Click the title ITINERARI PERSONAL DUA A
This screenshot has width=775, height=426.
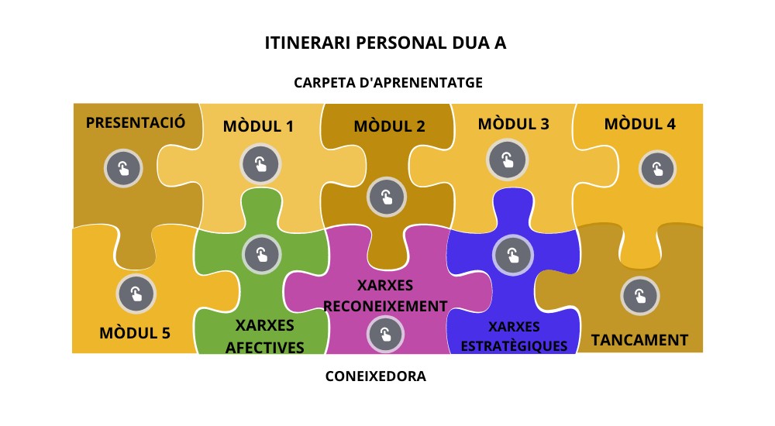coord(385,43)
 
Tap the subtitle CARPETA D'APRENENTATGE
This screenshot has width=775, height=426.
coord(388,82)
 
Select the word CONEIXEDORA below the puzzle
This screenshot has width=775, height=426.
coord(376,377)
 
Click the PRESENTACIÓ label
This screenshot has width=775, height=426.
coord(136,122)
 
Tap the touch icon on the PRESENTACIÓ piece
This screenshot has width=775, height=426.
coord(123,168)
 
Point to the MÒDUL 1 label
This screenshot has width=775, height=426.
coord(258,125)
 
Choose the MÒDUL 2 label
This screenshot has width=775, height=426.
coord(389,126)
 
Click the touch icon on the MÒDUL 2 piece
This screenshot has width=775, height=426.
coord(387,197)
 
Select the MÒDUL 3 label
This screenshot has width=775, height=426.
coord(513,124)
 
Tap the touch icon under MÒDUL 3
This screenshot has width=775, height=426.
coord(507,160)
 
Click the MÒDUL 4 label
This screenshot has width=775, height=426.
coord(639,124)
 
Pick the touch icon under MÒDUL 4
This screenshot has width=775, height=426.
coord(657,169)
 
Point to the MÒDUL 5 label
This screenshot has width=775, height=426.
coord(135,334)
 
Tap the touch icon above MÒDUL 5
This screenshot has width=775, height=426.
coord(136,294)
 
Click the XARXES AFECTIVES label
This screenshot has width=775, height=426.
coord(264,336)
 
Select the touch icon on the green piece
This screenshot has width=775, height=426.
coord(261,253)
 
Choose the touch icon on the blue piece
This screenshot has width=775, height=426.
coord(512,254)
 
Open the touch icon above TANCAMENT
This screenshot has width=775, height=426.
coord(639,295)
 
